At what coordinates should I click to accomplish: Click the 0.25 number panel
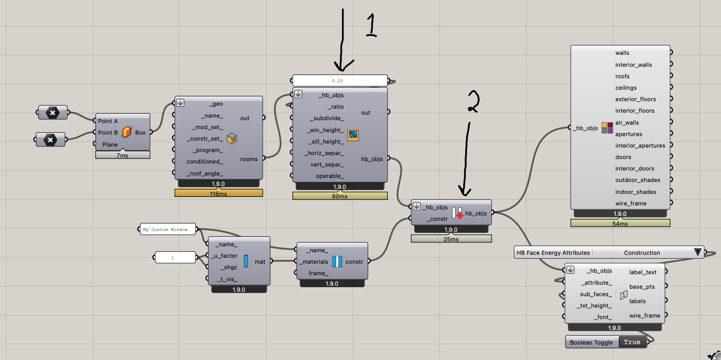pyautogui.click(x=340, y=80)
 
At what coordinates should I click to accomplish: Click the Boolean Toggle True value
pyautogui.click(x=632, y=342)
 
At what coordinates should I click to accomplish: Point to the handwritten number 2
pyautogui.click(x=472, y=102)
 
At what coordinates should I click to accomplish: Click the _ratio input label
pyautogui.click(x=336, y=107)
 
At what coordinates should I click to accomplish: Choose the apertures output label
pyautogui.click(x=629, y=134)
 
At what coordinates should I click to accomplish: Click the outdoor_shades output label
pyautogui.click(x=638, y=180)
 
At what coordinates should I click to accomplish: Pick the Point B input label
pyautogui.click(x=108, y=133)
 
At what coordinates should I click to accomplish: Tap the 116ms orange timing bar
pyautogui.click(x=218, y=193)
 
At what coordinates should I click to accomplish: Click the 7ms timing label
pyautogui.click(x=123, y=155)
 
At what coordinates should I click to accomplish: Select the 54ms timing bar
pyautogui.click(x=620, y=224)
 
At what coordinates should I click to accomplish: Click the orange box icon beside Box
pyautogui.click(x=127, y=133)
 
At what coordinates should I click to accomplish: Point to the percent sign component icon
pyautogui.click(x=353, y=134)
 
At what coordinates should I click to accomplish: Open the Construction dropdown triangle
pyautogui.click(x=698, y=252)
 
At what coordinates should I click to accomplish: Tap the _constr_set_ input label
pyautogui.click(x=204, y=138)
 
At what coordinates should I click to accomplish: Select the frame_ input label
pyautogui.click(x=318, y=273)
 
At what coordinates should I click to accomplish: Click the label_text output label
pyautogui.click(x=643, y=272)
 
